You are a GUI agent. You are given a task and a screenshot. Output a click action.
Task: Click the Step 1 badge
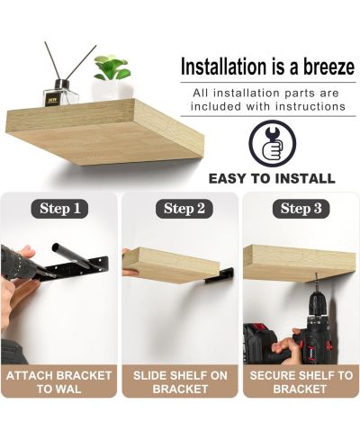59,209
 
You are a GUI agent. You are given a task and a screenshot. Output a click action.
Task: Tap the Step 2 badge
184,209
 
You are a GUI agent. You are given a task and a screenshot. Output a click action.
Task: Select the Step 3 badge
301,209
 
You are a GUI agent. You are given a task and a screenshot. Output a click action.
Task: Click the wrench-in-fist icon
273,143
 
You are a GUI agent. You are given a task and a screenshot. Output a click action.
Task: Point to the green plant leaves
112,67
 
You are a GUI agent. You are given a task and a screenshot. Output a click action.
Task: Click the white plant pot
112,90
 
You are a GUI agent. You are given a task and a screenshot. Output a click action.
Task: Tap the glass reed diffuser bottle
60,94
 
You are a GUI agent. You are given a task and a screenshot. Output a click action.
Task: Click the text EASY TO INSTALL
272,179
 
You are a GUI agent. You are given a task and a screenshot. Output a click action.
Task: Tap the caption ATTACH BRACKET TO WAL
58,382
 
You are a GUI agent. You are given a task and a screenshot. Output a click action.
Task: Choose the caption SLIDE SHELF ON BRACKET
180,382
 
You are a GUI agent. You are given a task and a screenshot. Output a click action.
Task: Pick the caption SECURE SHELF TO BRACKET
301,382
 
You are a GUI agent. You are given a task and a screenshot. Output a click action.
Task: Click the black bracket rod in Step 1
70,255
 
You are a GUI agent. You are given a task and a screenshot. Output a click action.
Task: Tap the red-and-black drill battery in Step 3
255,344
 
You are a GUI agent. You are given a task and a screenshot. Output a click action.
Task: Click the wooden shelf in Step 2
171,265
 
